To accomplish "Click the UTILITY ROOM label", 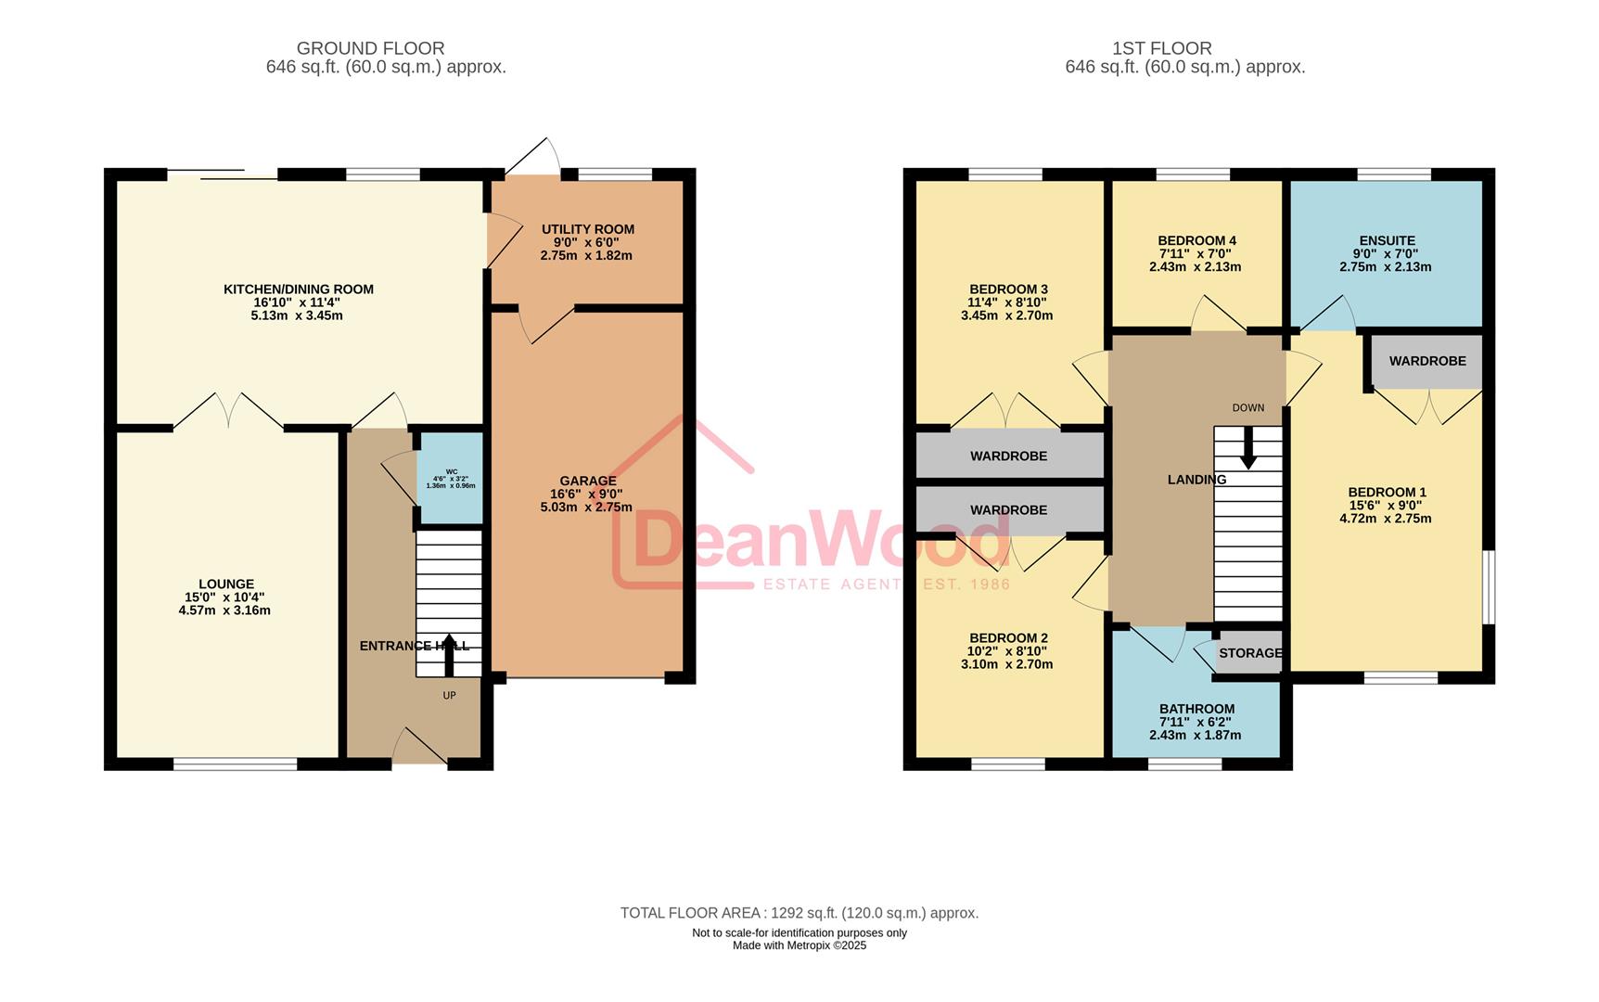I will [587, 229].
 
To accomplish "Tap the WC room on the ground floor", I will [450, 478].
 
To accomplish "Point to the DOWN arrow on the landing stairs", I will [1248, 447].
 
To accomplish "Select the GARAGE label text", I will [587, 481].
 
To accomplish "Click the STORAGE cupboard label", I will [1249, 653].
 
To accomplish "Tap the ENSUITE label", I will [1387, 240].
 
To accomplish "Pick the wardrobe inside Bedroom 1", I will [1426, 361].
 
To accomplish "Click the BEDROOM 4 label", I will [1196, 240].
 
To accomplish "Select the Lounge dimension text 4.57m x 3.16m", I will [224, 610].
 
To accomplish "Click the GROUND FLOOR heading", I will [370, 48].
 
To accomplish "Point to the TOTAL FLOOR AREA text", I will [799, 913].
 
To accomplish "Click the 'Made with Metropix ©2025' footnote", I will [799, 945].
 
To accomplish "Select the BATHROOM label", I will [1196, 709].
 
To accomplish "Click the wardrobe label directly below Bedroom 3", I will [1008, 456].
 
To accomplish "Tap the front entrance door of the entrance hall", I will [419, 749].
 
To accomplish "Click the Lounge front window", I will [236, 764].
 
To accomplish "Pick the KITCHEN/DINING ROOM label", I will [298, 289].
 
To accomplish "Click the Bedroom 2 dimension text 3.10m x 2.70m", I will [1006, 664].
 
